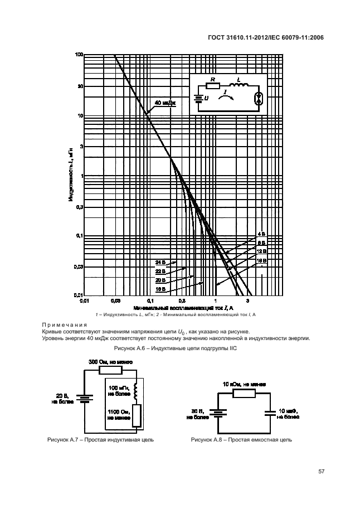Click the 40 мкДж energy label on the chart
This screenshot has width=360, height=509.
click(x=164, y=103)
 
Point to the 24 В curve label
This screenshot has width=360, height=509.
click(x=160, y=261)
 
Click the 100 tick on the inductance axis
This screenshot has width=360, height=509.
click(x=79, y=55)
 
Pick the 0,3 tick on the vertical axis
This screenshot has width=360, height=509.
click(x=79, y=206)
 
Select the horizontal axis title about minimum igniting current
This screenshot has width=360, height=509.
click(x=183, y=307)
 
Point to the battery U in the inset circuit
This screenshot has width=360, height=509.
click(x=198, y=99)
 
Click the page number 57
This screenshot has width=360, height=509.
click(x=321, y=472)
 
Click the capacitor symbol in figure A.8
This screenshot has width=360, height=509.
click(x=270, y=413)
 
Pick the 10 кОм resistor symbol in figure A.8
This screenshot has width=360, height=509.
click(x=245, y=393)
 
